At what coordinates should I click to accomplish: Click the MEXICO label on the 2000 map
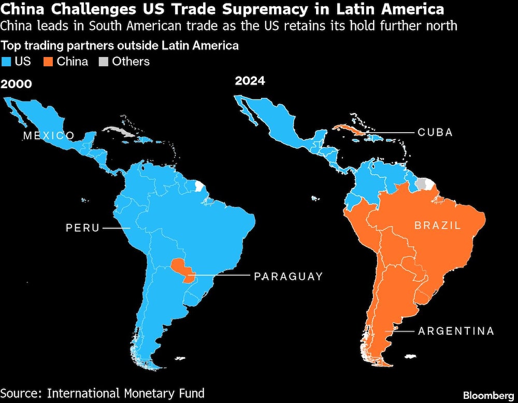click(49, 136)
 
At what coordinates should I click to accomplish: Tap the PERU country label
click(82, 228)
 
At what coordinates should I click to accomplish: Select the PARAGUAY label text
click(288, 277)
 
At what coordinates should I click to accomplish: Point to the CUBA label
click(435, 133)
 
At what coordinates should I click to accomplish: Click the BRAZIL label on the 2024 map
click(437, 225)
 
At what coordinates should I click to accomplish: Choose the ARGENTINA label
click(456, 331)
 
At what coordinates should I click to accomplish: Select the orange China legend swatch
click(49, 62)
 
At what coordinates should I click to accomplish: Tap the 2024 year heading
click(250, 81)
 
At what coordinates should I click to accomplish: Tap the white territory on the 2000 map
click(198, 186)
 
